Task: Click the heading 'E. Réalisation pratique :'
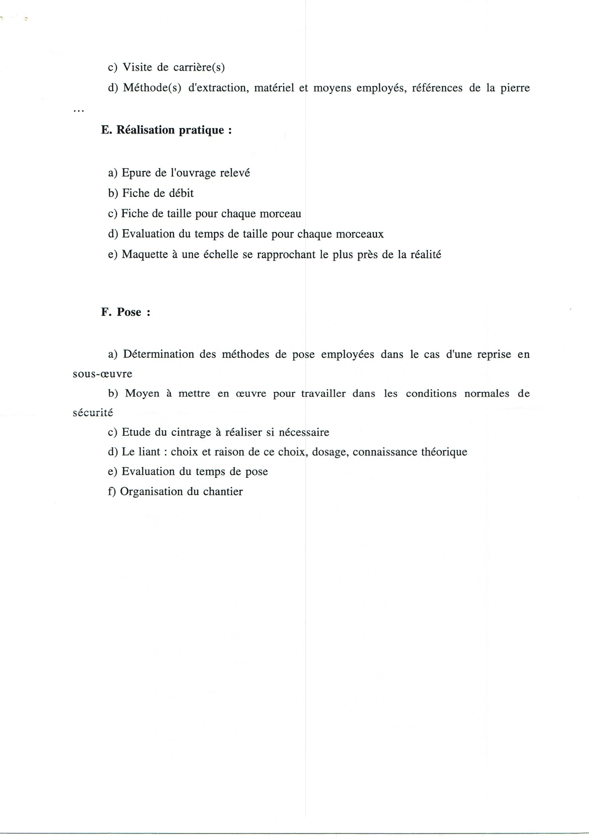166,130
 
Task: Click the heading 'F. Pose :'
126,312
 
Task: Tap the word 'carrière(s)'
199,67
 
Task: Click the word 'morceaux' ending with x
360,234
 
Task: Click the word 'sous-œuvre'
102,374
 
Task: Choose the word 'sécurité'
93,413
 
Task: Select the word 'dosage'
329,452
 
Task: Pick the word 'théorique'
444,452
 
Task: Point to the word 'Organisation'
152,492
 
